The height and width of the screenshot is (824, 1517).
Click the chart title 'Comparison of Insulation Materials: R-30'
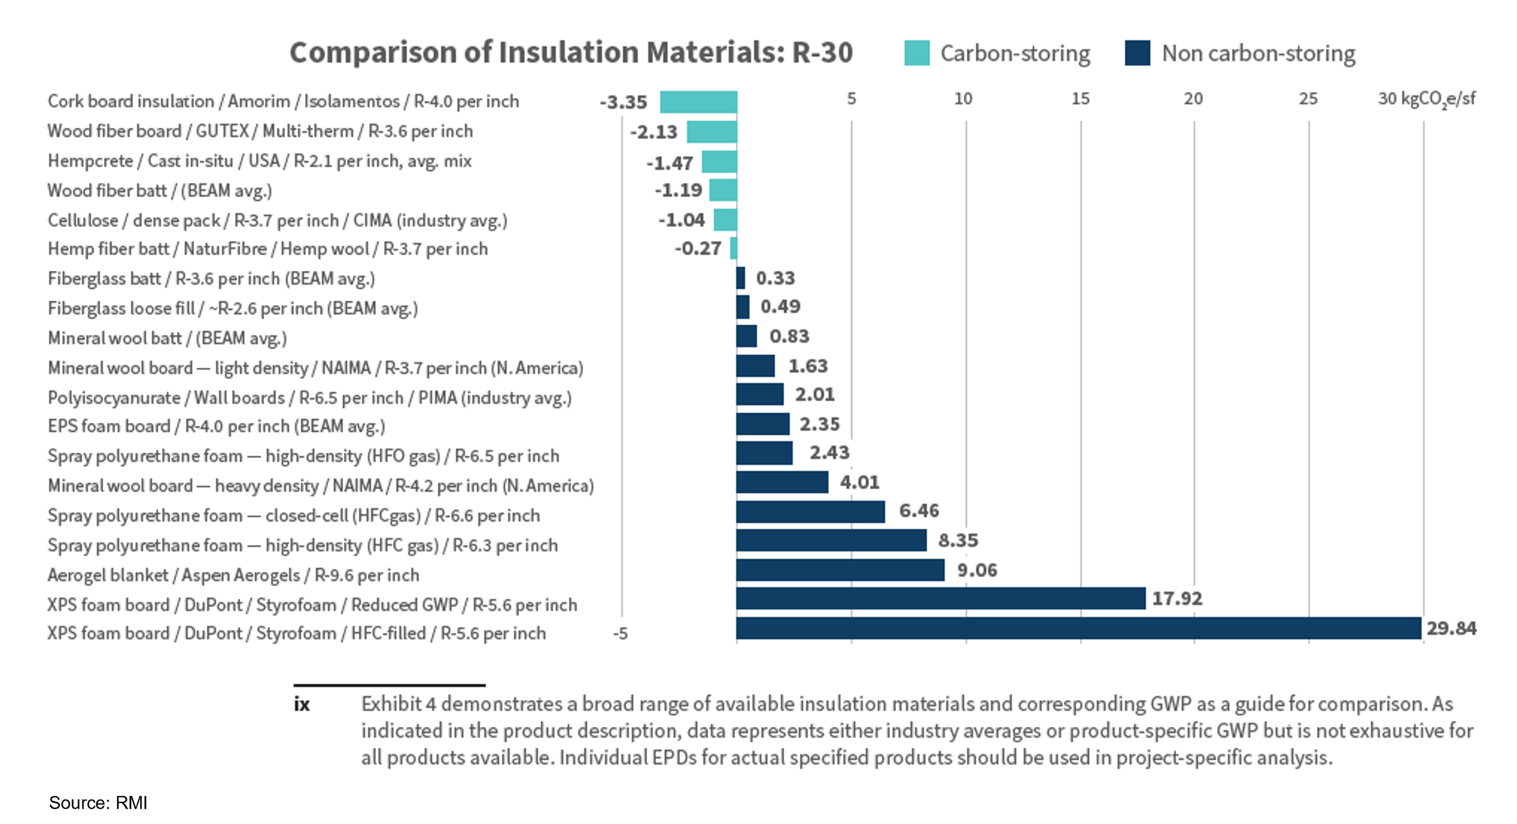(571, 52)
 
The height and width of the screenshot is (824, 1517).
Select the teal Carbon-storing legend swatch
(916, 53)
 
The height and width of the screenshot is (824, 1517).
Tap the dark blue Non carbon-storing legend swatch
(1137, 53)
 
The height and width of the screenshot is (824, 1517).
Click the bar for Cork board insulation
(698, 102)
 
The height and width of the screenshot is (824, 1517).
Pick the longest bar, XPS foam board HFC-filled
(1078, 628)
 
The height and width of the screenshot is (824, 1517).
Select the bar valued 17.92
(941, 598)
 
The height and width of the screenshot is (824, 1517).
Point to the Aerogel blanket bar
(840, 570)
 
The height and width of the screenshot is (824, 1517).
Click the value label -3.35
(623, 102)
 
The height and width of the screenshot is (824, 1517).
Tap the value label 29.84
(1451, 628)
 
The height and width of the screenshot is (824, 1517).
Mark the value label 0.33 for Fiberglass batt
(775, 278)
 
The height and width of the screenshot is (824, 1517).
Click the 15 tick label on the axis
(1080, 98)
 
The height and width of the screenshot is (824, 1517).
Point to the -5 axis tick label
(620, 634)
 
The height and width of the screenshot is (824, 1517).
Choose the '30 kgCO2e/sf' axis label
(1426, 98)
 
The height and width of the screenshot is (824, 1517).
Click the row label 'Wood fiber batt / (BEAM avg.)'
(160, 191)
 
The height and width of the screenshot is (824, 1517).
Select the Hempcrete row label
(259, 161)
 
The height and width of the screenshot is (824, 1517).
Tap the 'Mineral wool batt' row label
(167, 338)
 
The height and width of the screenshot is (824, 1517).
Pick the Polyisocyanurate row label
(309, 397)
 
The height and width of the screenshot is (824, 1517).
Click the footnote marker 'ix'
(302, 704)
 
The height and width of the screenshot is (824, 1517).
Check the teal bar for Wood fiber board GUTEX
(712, 132)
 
